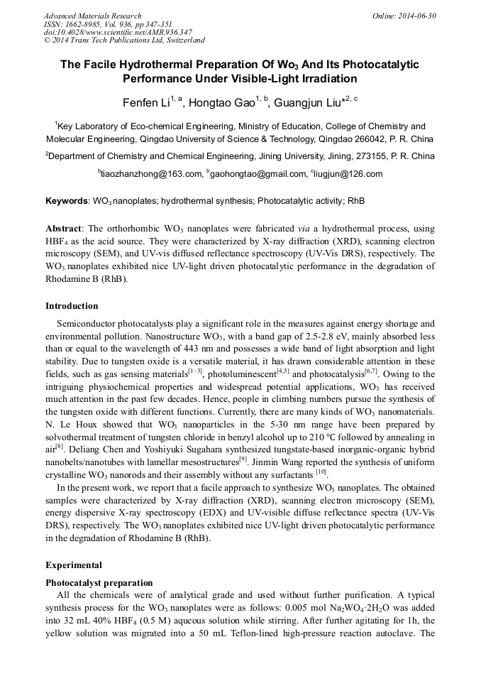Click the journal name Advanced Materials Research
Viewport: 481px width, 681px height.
[x=93, y=16]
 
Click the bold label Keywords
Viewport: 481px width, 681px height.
[x=67, y=201]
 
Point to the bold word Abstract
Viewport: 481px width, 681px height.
[x=64, y=229]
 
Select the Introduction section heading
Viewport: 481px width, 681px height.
[x=72, y=306]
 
